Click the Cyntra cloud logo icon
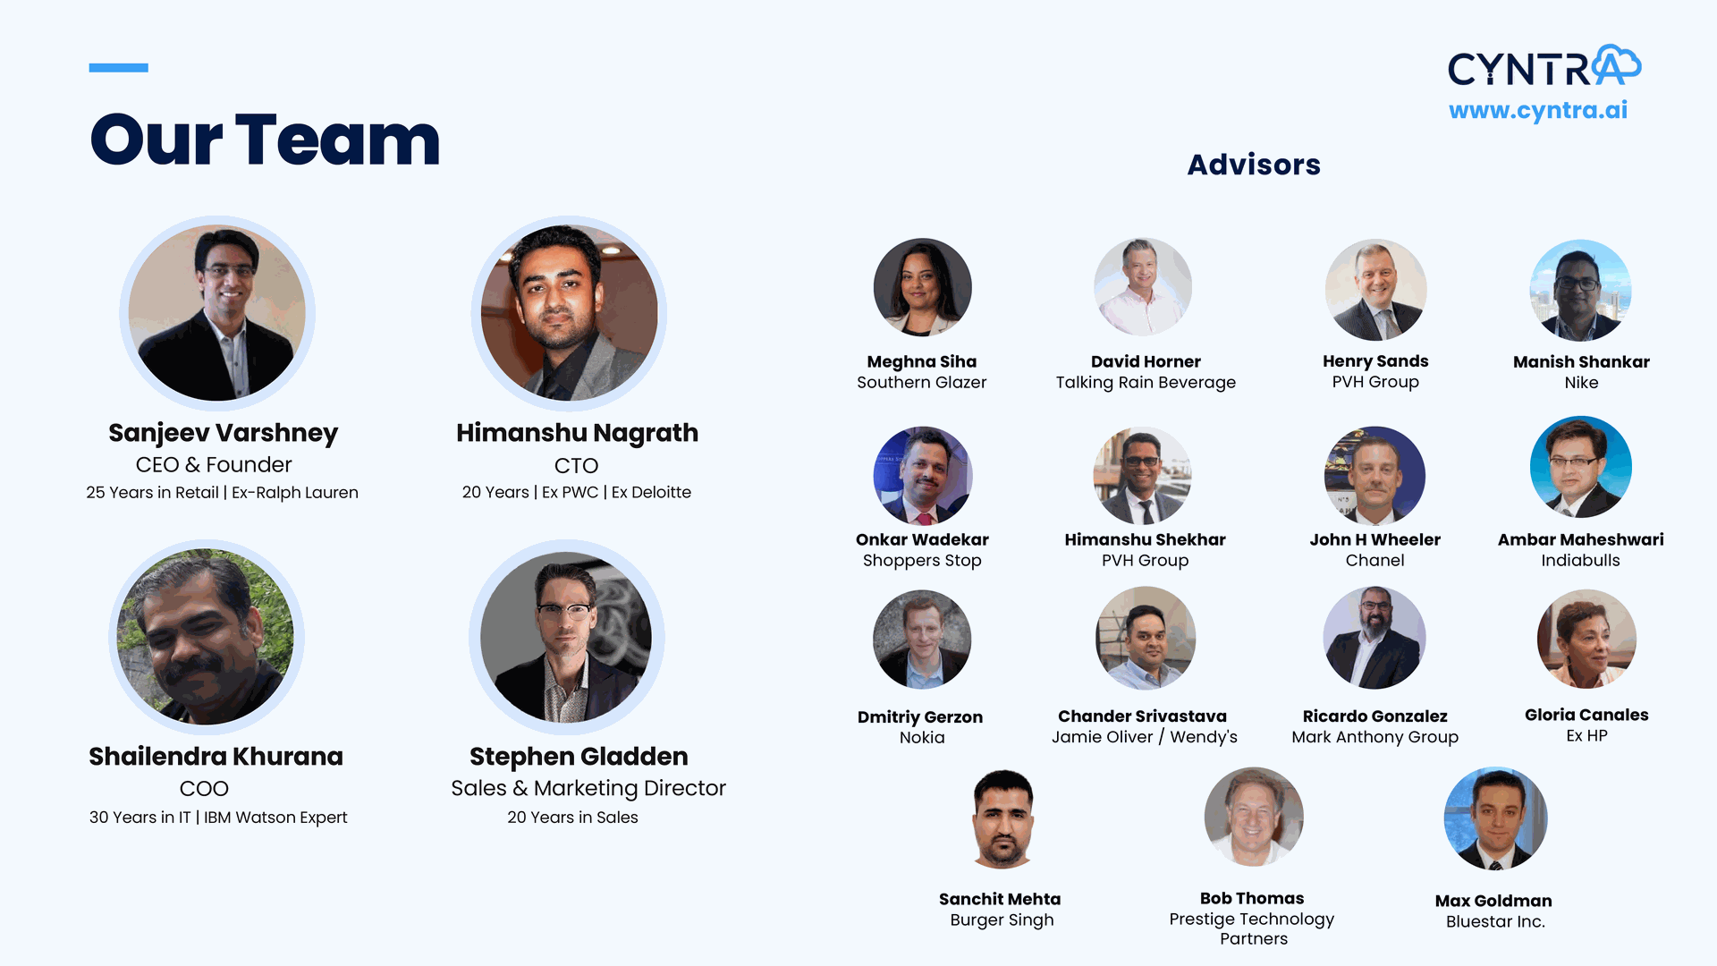tap(1617, 64)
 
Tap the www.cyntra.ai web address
tap(1538, 110)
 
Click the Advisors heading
tap(1254, 165)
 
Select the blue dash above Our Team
tap(119, 67)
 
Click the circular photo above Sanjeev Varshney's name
tap(217, 313)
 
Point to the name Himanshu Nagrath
tap(577, 433)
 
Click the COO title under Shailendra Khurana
tap(204, 789)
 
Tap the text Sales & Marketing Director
tap(588, 788)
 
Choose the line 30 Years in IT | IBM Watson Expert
tap(218, 818)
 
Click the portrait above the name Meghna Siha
tap(922, 287)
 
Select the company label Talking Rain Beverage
tap(1146, 383)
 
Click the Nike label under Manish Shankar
tap(1581, 383)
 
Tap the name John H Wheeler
tap(1374, 539)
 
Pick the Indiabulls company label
tap(1580, 561)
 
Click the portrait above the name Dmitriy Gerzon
tap(922, 639)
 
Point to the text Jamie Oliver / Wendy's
tap(1145, 737)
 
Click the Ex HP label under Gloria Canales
tap(1586, 736)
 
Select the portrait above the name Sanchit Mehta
tap(1002, 818)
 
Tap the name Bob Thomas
tap(1252, 898)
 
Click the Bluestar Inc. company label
tap(1495, 922)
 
